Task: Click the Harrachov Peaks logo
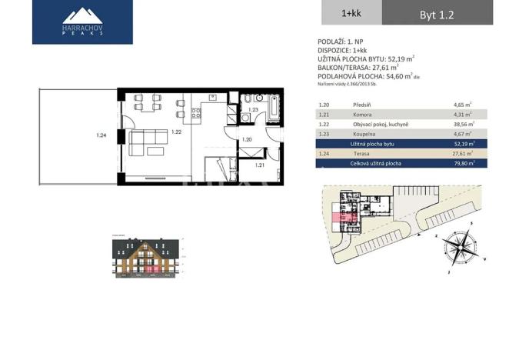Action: tap(82, 22)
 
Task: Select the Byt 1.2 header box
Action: tap(444, 13)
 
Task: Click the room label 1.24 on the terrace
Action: tap(101, 136)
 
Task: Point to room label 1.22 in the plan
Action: tap(177, 132)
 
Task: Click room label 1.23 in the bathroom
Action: tap(253, 110)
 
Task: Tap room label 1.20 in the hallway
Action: tap(247, 139)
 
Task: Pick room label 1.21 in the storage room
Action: tap(260, 165)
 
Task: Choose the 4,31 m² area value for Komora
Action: tap(464, 114)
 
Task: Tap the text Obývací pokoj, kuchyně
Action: tap(381, 124)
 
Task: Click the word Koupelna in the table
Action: tap(364, 134)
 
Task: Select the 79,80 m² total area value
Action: tap(464, 164)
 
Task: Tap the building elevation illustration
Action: tap(145, 257)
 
